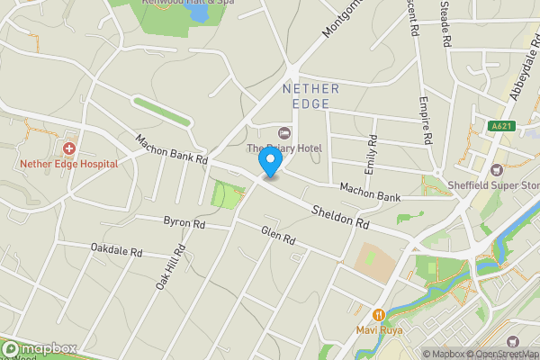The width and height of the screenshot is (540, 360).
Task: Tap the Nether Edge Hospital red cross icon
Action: (x=69, y=148)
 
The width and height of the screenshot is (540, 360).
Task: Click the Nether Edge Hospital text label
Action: (x=69, y=164)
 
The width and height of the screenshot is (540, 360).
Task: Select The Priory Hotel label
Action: (x=284, y=148)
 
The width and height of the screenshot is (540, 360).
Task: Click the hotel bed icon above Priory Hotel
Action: (x=286, y=132)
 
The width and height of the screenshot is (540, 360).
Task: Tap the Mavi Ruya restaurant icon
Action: (x=378, y=314)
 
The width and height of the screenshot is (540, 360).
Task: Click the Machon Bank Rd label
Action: (x=172, y=148)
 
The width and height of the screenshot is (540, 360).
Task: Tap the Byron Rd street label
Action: (x=184, y=221)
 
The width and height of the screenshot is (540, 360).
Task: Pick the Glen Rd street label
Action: (x=278, y=236)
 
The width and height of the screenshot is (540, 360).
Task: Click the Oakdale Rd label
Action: (x=117, y=247)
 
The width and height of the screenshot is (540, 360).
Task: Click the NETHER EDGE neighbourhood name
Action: (x=310, y=95)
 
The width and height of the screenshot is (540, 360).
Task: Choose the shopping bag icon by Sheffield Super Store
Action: (x=497, y=170)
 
